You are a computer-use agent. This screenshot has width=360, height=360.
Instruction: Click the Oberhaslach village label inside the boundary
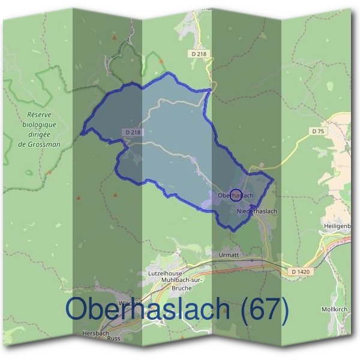click(233, 196)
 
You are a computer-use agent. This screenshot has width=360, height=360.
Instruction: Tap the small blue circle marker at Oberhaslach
click(236, 195)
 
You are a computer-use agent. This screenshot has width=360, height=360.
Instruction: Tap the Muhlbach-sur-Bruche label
click(169, 284)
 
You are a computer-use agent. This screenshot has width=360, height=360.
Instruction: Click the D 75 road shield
click(317, 130)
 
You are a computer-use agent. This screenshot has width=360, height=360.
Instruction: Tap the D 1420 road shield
click(301, 272)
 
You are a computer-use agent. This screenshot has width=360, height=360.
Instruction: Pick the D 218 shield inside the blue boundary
click(133, 132)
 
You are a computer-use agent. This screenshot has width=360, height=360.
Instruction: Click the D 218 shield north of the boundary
click(199, 54)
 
